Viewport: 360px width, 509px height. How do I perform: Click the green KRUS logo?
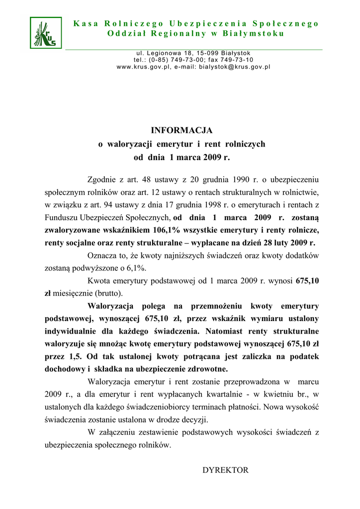tap(46, 33)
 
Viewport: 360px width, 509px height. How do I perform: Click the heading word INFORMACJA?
tap(181, 130)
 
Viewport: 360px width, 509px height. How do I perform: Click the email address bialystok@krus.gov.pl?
tap(235, 67)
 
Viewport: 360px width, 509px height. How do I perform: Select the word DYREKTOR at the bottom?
tap(225, 470)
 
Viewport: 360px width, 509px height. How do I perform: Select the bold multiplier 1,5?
tap(74, 356)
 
